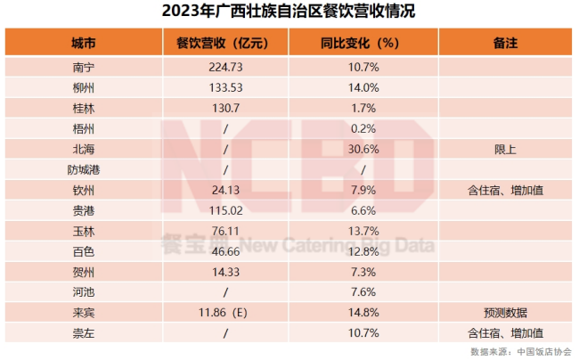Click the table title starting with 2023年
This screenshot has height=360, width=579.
[x=289, y=12]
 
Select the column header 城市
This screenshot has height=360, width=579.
[x=86, y=43]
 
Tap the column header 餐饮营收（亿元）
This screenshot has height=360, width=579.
[x=224, y=43]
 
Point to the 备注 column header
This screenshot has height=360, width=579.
[x=505, y=43]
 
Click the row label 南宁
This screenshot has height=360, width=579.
[x=86, y=67]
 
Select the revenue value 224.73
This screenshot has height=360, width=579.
[x=224, y=67]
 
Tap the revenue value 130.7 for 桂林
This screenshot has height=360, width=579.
[x=224, y=108]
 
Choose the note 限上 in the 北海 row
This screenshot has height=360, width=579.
[x=505, y=149]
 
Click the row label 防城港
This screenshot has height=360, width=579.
[x=86, y=169]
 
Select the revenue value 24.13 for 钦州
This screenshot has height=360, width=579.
[x=224, y=190]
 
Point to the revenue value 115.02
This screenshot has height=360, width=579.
[x=224, y=210]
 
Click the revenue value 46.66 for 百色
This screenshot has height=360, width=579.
[x=224, y=251]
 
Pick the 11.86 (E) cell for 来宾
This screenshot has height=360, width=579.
[x=224, y=313]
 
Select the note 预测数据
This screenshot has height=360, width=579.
[x=505, y=313]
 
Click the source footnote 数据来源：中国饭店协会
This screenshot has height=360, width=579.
[x=521, y=352]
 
